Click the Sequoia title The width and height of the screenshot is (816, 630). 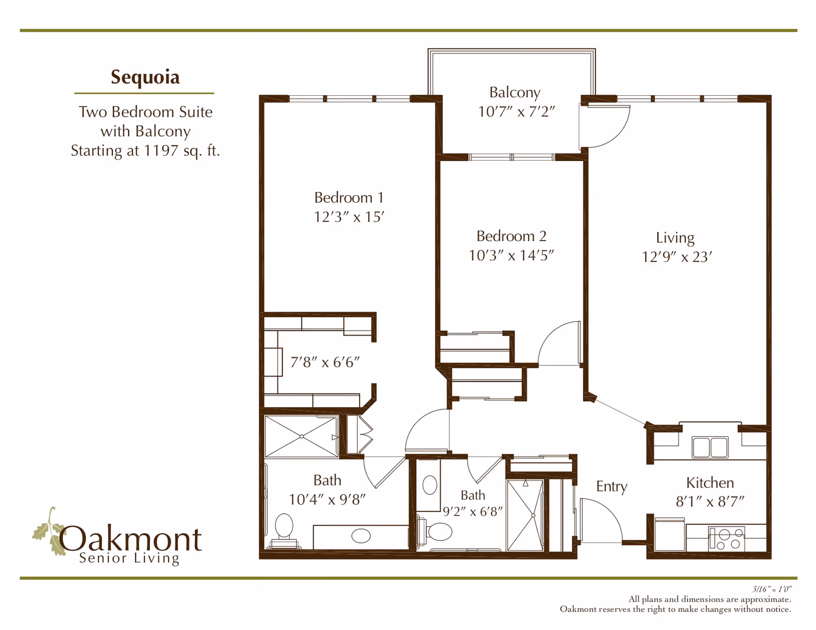tap(145, 77)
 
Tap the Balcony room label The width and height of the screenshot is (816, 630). tap(515, 92)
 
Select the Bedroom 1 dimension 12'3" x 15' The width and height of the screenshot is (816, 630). tap(349, 217)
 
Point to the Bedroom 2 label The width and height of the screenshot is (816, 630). tap(511, 236)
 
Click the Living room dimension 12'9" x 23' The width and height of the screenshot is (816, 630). tap(676, 257)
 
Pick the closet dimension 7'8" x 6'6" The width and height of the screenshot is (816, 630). tap(325, 362)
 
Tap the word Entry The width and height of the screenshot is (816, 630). tap(611, 486)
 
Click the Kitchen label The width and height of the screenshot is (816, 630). tap(709, 483)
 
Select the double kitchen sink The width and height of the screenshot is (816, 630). tap(710, 447)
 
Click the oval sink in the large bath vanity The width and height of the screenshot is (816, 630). tap(361, 536)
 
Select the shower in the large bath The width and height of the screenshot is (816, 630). tap(301, 437)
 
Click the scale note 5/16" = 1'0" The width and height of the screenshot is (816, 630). tap(772, 589)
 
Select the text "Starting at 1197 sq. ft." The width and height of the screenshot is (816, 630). tap(145, 151)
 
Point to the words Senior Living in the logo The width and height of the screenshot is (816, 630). tap(129, 558)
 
